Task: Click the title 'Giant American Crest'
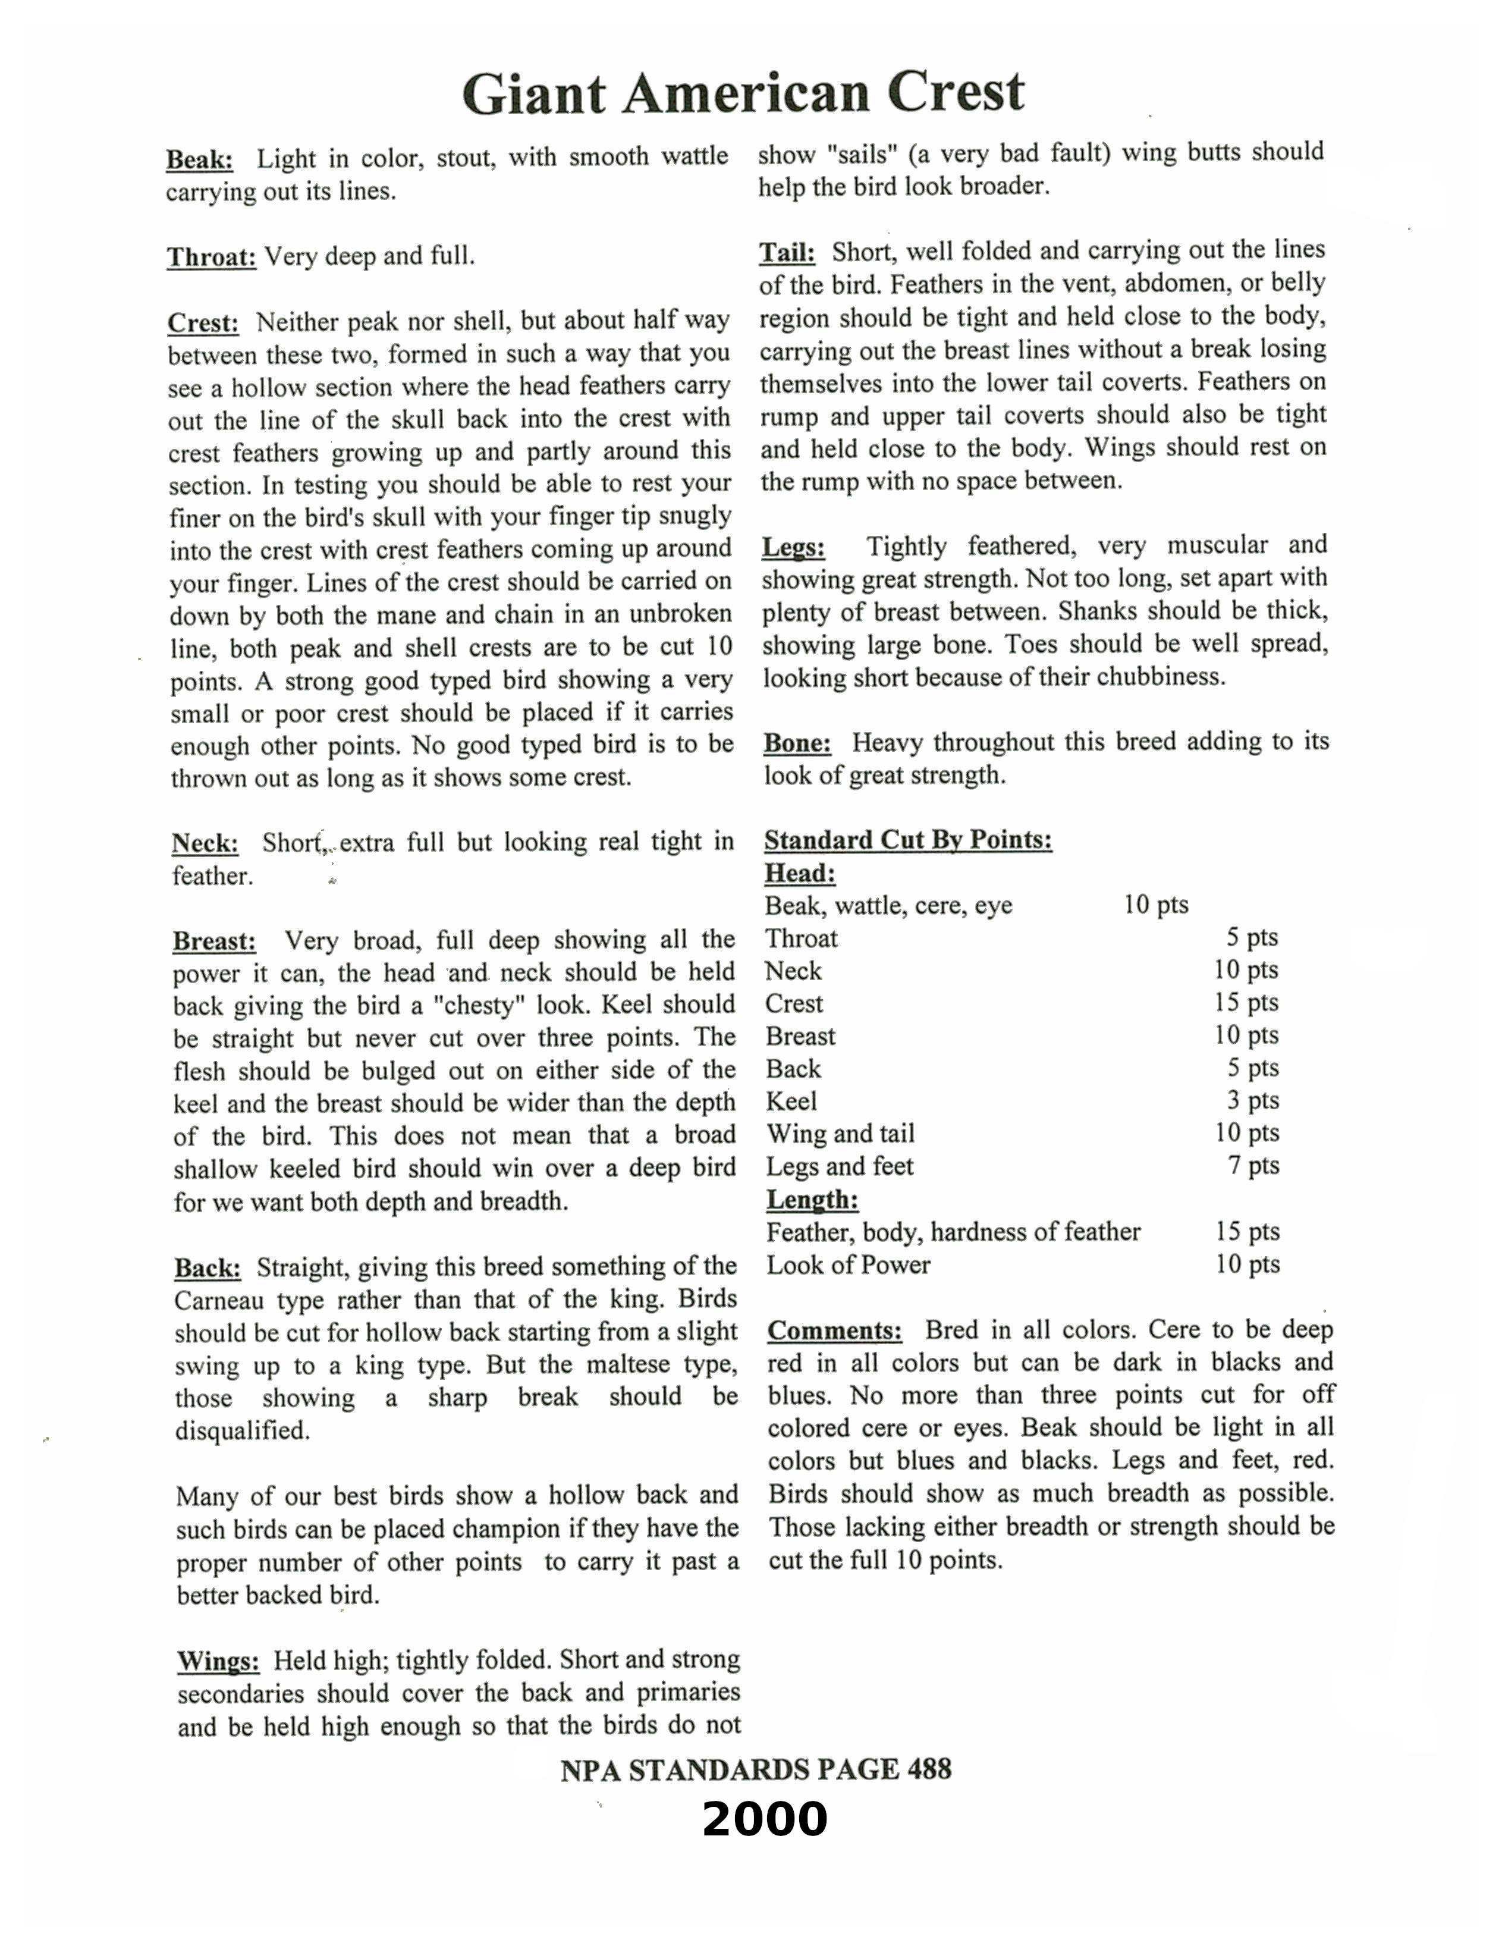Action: coord(743,93)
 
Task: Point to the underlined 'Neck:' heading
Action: coord(205,843)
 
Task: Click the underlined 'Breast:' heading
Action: coord(214,941)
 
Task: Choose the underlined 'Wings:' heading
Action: coord(218,1662)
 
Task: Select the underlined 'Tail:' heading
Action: coord(786,253)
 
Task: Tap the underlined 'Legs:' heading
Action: coord(793,547)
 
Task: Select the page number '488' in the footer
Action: coord(929,1769)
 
